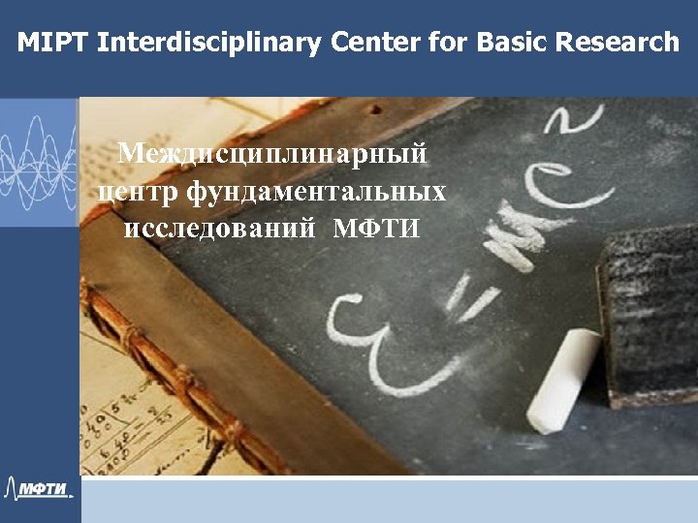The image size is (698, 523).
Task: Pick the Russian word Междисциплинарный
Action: [x=271, y=154]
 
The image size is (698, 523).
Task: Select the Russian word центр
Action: [x=139, y=192]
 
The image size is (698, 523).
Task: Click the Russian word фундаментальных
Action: [x=317, y=192]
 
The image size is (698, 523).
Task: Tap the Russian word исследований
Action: [x=220, y=230]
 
